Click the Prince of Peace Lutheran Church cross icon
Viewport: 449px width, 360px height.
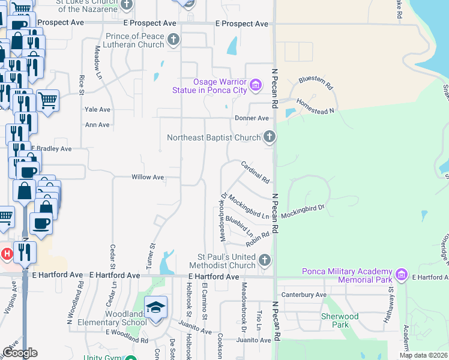click(x=173, y=40)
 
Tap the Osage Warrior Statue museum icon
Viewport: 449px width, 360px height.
click(x=256, y=85)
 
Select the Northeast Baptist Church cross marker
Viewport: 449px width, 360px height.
click(x=270, y=137)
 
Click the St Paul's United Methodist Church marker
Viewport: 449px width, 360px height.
click(x=265, y=260)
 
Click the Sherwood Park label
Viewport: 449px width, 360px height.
click(x=339, y=320)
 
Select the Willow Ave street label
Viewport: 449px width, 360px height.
click(x=148, y=178)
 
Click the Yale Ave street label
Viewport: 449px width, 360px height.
click(x=97, y=110)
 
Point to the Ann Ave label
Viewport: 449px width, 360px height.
click(x=97, y=125)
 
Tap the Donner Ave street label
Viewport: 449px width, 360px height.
click(x=252, y=118)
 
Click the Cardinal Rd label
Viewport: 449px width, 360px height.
click(x=255, y=172)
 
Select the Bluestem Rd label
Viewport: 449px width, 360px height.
click(x=316, y=82)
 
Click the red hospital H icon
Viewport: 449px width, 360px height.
click(x=7, y=254)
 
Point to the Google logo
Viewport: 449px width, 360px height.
click(x=20, y=353)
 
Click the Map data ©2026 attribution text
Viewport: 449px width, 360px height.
click(x=423, y=355)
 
